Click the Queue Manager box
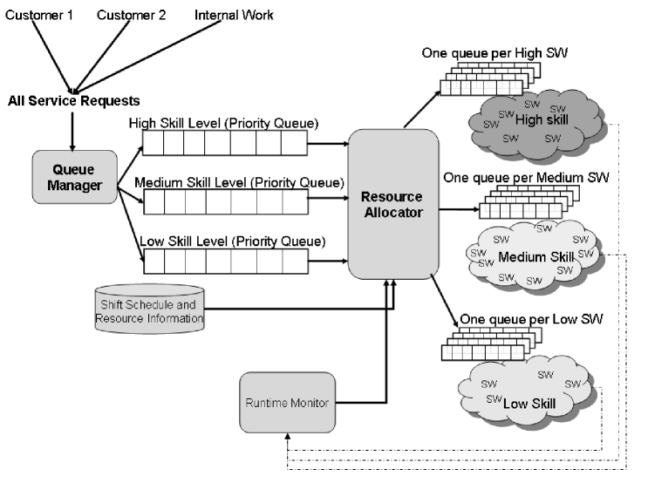(74, 176)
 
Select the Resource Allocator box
(392, 203)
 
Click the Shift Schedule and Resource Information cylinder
(149, 308)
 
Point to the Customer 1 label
(39, 15)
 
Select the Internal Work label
(233, 15)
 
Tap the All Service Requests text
(73, 100)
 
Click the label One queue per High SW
(495, 54)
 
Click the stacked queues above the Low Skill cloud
(484, 344)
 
